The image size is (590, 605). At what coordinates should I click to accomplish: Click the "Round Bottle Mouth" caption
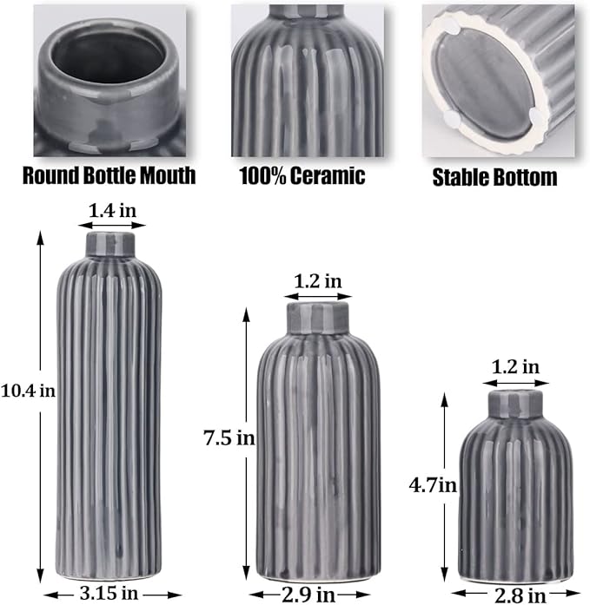(109, 176)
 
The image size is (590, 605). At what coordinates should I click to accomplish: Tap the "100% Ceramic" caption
(302, 176)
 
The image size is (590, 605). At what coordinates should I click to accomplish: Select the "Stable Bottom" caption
(494, 178)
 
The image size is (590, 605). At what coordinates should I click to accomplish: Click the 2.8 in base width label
(520, 595)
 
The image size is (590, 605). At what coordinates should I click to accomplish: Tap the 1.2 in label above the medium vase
(318, 280)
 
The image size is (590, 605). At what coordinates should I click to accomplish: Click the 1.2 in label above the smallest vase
(514, 366)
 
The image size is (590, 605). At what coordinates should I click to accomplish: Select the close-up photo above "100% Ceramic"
(307, 80)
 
